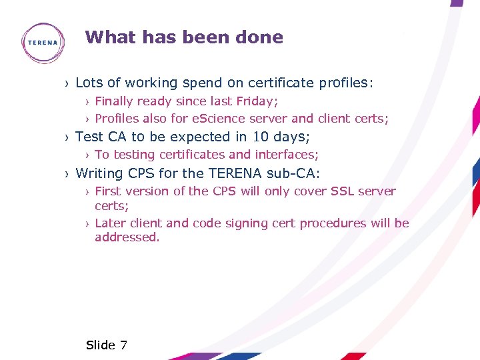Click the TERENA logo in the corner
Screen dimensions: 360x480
click(x=43, y=43)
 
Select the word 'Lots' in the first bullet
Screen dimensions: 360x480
click(x=89, y=83)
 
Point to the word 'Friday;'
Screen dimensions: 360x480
click(x=257, y=101)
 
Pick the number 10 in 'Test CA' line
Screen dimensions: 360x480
click(x=261, y=137)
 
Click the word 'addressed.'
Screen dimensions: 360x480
click(x=127, y=237)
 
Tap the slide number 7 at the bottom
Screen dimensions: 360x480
click(x=123, y=345)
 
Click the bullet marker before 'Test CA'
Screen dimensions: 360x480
click(x=67, y=137)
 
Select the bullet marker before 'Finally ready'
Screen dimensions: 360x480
click(x=87, y=102)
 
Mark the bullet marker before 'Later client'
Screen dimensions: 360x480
click(x=87, y=224)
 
